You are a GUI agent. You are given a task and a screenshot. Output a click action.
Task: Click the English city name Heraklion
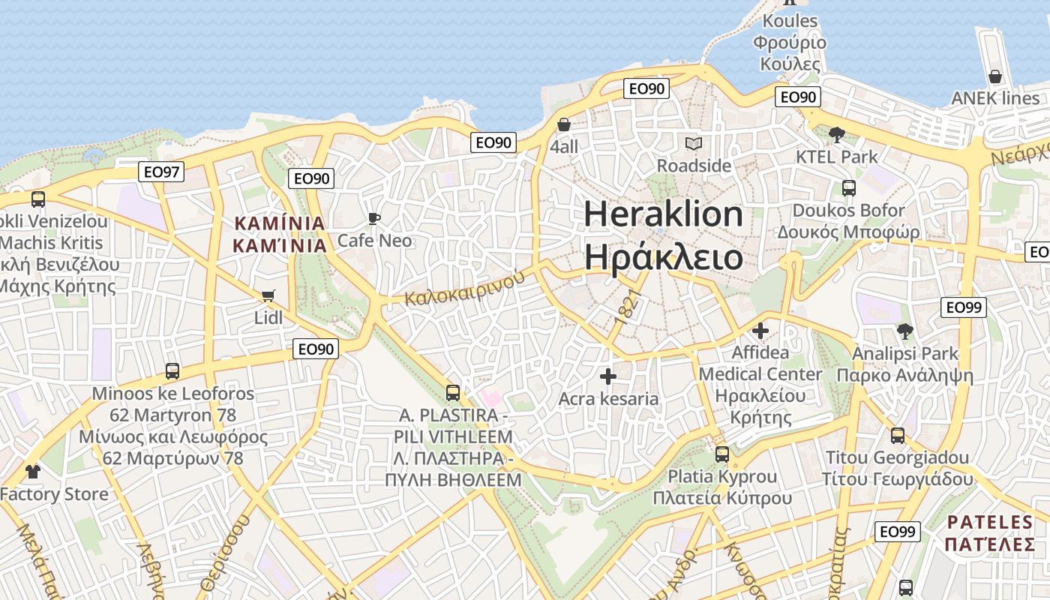click(663, 214)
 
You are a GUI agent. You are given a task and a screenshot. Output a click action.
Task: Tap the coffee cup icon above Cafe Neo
click(374, 219)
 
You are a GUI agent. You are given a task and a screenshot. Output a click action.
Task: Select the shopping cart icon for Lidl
click(268, 296)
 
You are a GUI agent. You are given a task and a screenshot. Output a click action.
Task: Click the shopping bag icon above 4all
click(564, 124)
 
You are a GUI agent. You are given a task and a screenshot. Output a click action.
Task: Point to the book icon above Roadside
click(694, 143)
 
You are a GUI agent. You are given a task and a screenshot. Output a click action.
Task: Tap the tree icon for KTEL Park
click(837, 135)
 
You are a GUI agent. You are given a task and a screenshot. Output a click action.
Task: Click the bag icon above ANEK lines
click(995, 76)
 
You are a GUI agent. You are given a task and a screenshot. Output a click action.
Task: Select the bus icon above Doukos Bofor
click(848, 188)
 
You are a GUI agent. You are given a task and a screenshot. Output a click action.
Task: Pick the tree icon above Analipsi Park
click(905, 331)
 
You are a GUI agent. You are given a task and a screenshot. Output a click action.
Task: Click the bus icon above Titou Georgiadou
click(897, 436)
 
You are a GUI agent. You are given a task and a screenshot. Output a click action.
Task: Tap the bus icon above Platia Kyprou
click(722, 454)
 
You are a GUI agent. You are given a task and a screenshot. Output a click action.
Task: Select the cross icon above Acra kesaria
click(608, 376)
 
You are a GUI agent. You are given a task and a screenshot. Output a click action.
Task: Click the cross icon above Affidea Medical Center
click(760, 330)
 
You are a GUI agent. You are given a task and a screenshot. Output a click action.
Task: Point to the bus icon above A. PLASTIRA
click(452, 393)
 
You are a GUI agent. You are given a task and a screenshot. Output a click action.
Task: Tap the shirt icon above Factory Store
click(32, 472)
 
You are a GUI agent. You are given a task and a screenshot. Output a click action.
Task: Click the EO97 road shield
click(161, 172)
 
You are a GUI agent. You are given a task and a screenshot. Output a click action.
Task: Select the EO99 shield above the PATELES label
click(897, 532)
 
